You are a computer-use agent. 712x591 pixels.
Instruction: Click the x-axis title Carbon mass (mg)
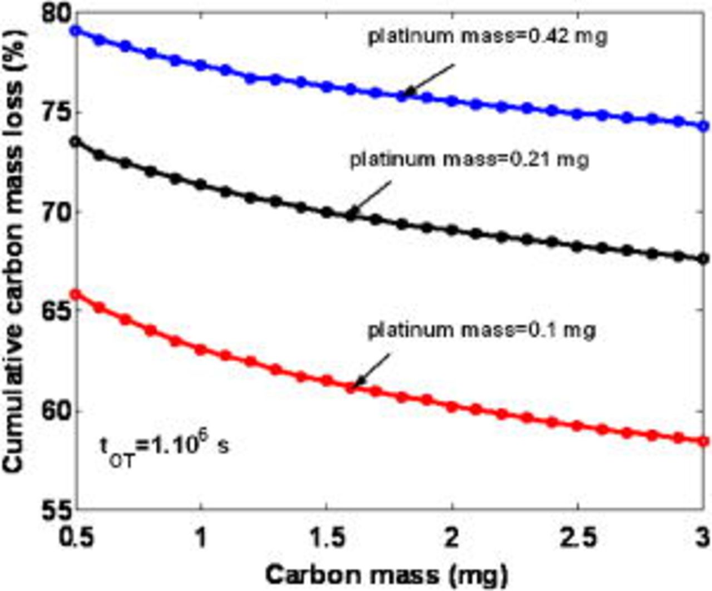click(x=386, y=573)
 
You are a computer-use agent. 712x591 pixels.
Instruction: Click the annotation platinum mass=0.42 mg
click(x=487, y=37)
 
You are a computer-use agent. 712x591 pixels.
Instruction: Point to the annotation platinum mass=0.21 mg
click(x=468, y=160)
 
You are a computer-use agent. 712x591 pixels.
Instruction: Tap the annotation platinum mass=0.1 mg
click(x=482, y=329)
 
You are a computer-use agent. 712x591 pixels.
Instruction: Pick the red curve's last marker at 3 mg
click(x=704, y=441)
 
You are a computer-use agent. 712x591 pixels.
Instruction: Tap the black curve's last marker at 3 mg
click(x=704, y=258)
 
